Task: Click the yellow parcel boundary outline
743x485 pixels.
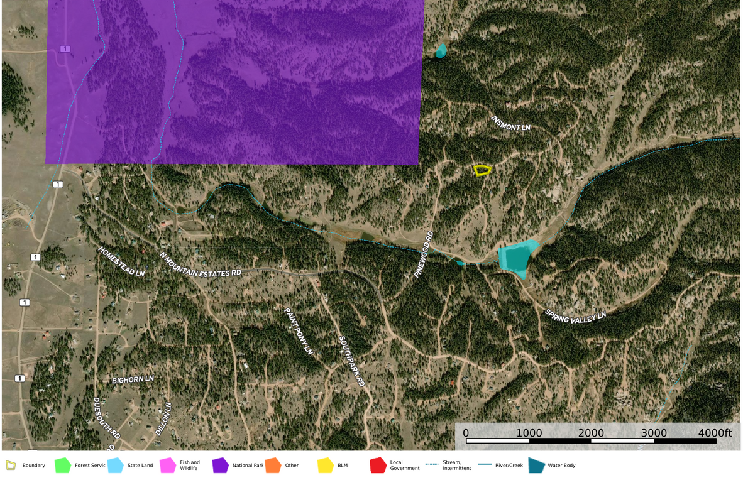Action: [x=482, y=170]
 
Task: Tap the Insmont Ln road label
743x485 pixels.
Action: [x=510, y=123]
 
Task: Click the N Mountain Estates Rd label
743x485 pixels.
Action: [x=201, y=264]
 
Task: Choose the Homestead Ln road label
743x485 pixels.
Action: [x=121, y=261]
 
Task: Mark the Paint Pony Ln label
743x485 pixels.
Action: [x=298, y=330]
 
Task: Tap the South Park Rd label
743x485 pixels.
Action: [x=351, y=361]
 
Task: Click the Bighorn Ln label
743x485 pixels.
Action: [x=133, y=380]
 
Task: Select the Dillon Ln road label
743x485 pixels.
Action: [x=163, y=419]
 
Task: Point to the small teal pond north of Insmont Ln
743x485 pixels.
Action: [x=441, y=50]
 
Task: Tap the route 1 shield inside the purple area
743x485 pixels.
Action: [x=64, y=49]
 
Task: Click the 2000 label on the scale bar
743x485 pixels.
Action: [x=591, y=433]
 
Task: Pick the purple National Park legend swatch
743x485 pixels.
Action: [x=220, y=466]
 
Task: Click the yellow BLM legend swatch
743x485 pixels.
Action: [x=325, y=466]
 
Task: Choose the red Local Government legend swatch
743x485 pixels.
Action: [x=378, y=466]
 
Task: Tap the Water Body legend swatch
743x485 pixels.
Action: [x=536, y=466]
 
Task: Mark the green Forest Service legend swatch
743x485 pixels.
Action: [x=62, y=466]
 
